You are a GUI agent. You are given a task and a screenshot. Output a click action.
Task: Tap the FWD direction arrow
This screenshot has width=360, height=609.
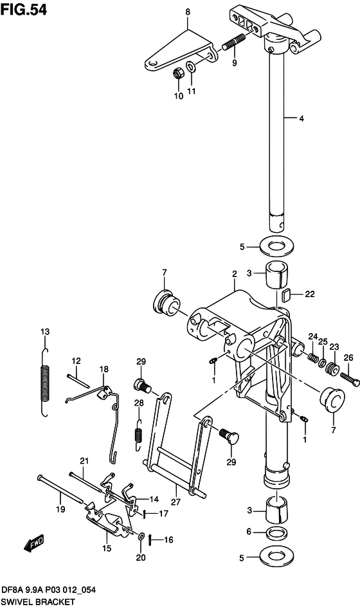tap(34, 543)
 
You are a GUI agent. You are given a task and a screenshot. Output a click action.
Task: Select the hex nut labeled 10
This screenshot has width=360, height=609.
tap(178, 73)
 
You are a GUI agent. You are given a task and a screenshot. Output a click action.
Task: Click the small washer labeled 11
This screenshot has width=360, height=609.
tap(191, 67)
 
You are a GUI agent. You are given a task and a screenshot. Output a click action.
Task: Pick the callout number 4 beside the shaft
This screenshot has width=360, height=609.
tap(301, 119)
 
